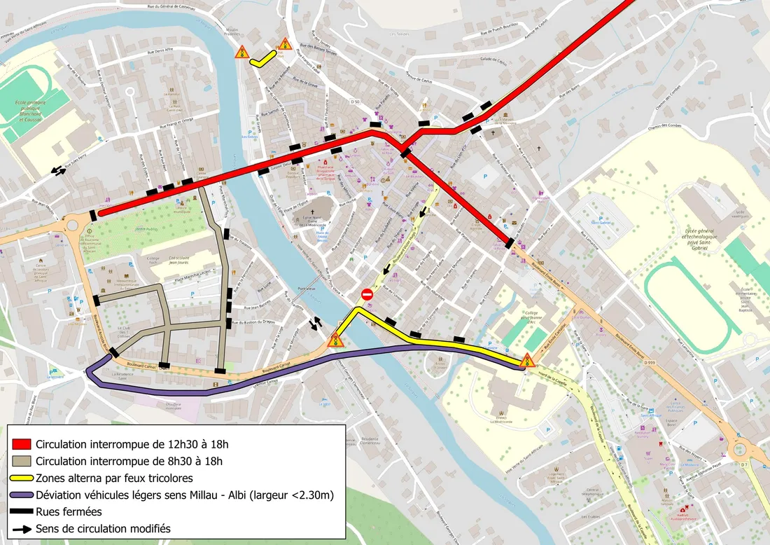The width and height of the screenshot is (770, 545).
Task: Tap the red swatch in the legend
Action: [x=22, y=443]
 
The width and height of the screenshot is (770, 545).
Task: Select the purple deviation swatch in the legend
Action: [x=22, y=495]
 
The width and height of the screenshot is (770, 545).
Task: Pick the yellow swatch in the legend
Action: [x=22, y=478]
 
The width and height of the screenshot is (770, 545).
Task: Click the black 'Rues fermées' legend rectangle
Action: [x=22, y=512]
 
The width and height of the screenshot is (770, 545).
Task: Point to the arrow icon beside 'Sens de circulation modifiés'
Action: [x=22, y=529]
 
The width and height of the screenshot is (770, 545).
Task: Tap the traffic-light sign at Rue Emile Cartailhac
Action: [x=527, y=361]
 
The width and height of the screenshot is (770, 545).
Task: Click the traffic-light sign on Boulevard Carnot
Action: [x=336, y=341]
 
